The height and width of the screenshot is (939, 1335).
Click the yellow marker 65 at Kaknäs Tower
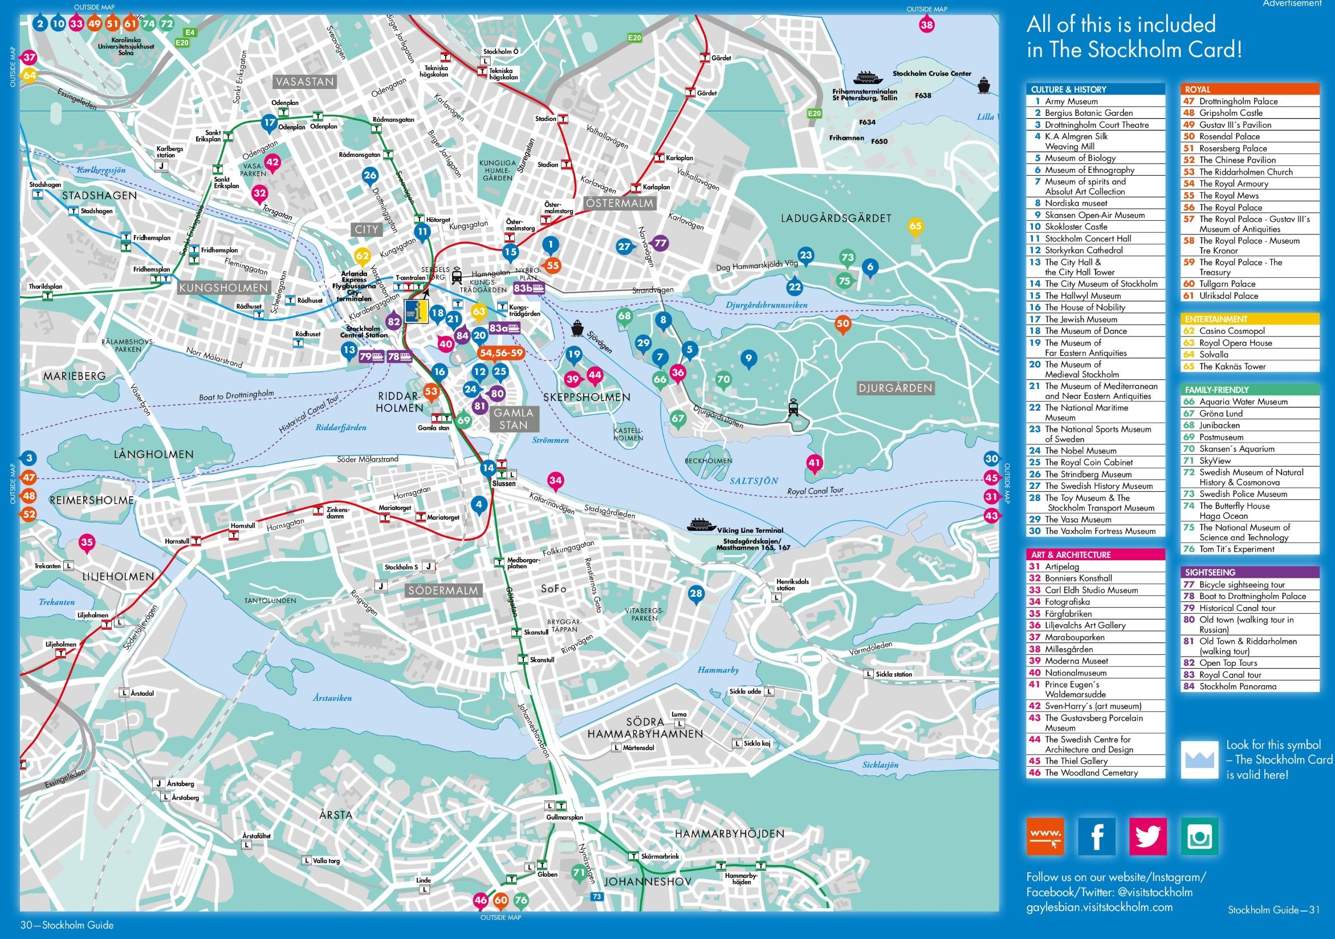(915, 226)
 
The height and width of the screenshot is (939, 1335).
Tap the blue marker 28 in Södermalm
(696, 593)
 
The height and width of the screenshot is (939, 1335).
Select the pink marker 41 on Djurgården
(814, 463)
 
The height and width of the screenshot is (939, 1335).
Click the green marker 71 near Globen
(579, 873)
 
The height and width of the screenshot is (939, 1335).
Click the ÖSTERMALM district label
(619, 204)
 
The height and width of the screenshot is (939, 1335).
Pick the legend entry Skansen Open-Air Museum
(1094, 215)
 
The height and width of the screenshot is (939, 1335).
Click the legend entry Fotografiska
(1067, 602)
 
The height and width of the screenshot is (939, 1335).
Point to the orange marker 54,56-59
(500, 353)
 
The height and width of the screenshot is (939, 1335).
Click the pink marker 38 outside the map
(926, 25)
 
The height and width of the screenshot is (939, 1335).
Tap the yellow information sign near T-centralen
(416, 312)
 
